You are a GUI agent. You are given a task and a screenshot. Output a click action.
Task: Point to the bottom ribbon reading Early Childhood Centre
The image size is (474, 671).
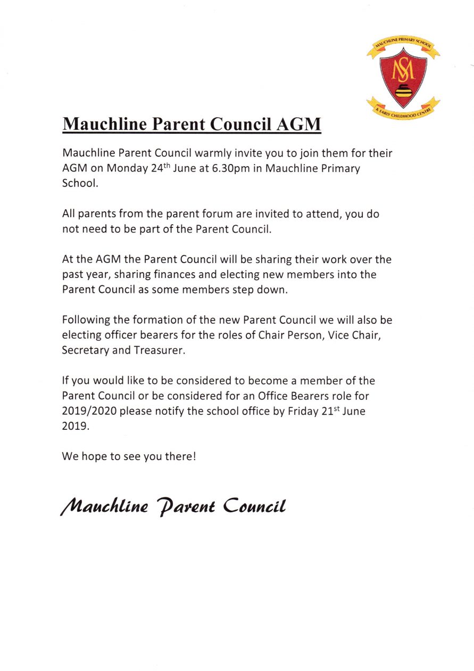(x=403, y=110)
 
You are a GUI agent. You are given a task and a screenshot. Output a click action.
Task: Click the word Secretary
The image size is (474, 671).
(x=85, y=350)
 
